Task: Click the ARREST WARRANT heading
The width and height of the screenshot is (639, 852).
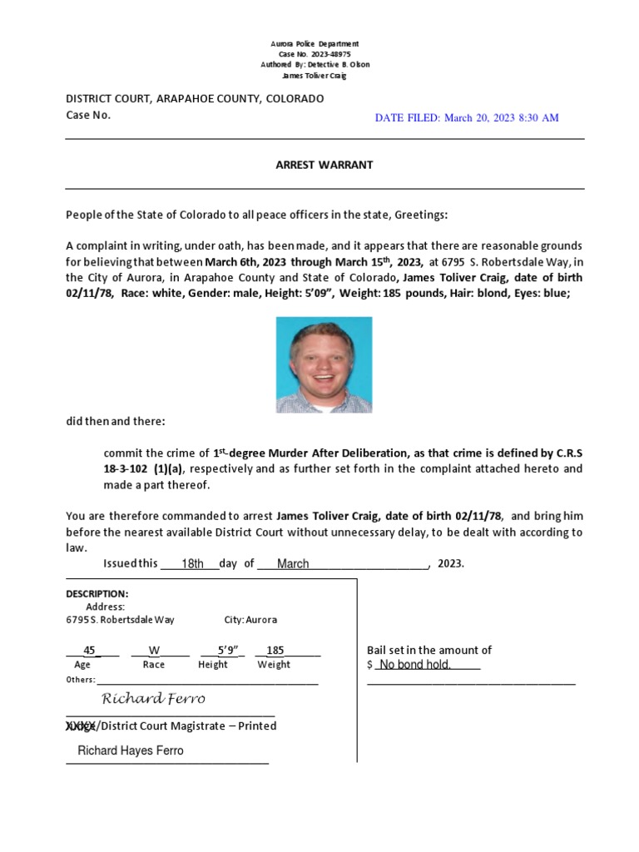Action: [324, 165]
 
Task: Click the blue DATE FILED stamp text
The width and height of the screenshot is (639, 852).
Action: [467, 118]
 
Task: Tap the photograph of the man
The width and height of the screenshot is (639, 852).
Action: [324, 364]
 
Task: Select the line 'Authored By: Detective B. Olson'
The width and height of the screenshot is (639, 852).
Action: [315, 65]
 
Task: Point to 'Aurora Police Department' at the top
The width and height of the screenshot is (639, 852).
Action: [315, 43]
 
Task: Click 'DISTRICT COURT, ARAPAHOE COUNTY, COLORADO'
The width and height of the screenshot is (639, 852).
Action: [195, 98]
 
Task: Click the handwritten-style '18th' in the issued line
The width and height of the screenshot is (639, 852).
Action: [193, 563]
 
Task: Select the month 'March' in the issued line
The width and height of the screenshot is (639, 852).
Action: [293, 563]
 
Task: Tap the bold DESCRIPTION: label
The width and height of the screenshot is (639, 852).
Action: [97, 594]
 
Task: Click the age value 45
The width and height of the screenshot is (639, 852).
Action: [91, 650]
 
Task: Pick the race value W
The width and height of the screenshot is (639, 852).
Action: [154, 650]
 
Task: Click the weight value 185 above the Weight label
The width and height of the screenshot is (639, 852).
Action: [275, 650]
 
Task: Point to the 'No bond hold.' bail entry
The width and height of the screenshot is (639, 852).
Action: [415, 665]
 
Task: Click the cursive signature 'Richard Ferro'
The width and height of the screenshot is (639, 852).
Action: [153, 698]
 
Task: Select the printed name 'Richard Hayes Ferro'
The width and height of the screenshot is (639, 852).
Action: [131, 750]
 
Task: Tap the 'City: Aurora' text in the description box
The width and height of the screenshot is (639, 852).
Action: [250, 620]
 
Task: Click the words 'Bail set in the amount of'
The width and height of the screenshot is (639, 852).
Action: [429, 650]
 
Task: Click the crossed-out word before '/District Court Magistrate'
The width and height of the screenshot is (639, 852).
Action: [82, 726]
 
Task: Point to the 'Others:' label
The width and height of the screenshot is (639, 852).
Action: [81, 680]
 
